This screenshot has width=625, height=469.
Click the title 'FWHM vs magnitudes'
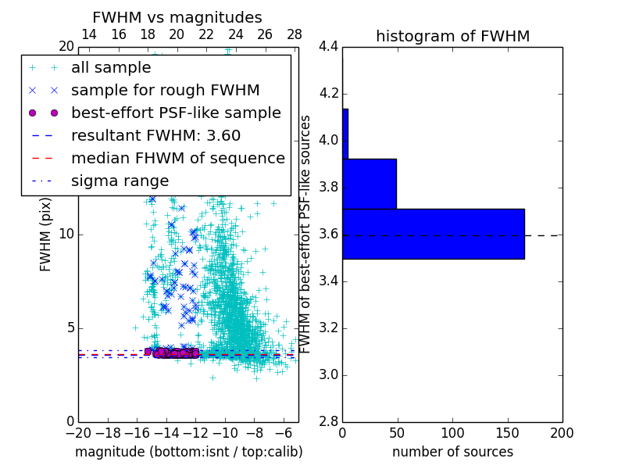pyautogui.click(x=177, y=17)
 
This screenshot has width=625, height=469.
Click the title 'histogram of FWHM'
pyautogui.click(x=452, y=36)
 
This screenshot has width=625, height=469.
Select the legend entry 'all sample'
pyautogui.click(x=111, y=68)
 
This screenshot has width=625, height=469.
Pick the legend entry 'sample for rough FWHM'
pyautogui.click(x=165, y=91)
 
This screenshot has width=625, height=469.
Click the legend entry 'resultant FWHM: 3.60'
pyautogui.click(x=155, y=136)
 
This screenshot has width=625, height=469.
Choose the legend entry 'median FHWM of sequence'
pyautogui.click(x=177, y=159)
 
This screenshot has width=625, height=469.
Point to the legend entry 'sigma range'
pyautogui.click(x=120, y=181)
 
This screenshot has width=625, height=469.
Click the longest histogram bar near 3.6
pyautogui.click(x=433, y=234)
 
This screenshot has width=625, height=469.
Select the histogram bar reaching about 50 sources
pyautogui.click(x=370, y=184)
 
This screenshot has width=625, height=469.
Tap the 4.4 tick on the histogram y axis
pyautogui.click(x=329, y=47)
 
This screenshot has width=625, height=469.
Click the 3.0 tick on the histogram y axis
pyautogui.click(x=329, y=374)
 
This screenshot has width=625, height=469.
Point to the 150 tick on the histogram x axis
pyautogui.click(x=507, y=432)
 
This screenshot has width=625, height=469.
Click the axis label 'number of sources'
pyautogui.click(x=452, y=452)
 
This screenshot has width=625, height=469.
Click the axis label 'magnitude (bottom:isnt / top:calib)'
pyautogui.click(x=188, y=452)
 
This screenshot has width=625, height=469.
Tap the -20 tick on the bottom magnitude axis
pyautogui.click(x=78, y=432)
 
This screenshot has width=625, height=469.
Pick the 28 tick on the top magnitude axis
pyautogui.click(x=295, y=34)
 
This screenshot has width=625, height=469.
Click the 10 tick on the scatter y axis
pyautogui.click(x=67, y=234)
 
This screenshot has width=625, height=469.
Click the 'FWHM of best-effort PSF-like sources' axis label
pyautogui.click(x=306, y=234)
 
